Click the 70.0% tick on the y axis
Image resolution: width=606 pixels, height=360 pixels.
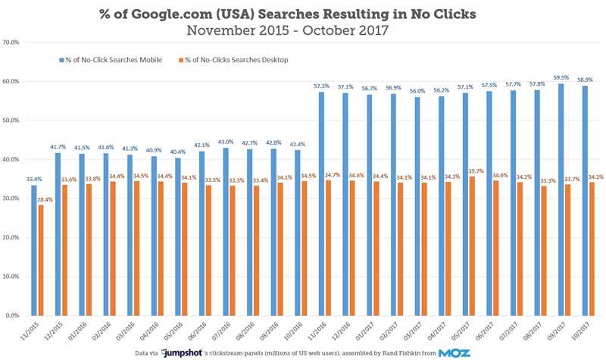point(15,42)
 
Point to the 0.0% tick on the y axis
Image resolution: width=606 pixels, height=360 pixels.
point(16,315)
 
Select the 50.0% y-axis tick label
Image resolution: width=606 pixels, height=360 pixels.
point(15,121)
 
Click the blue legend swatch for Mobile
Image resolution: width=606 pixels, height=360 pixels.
point(59,59)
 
